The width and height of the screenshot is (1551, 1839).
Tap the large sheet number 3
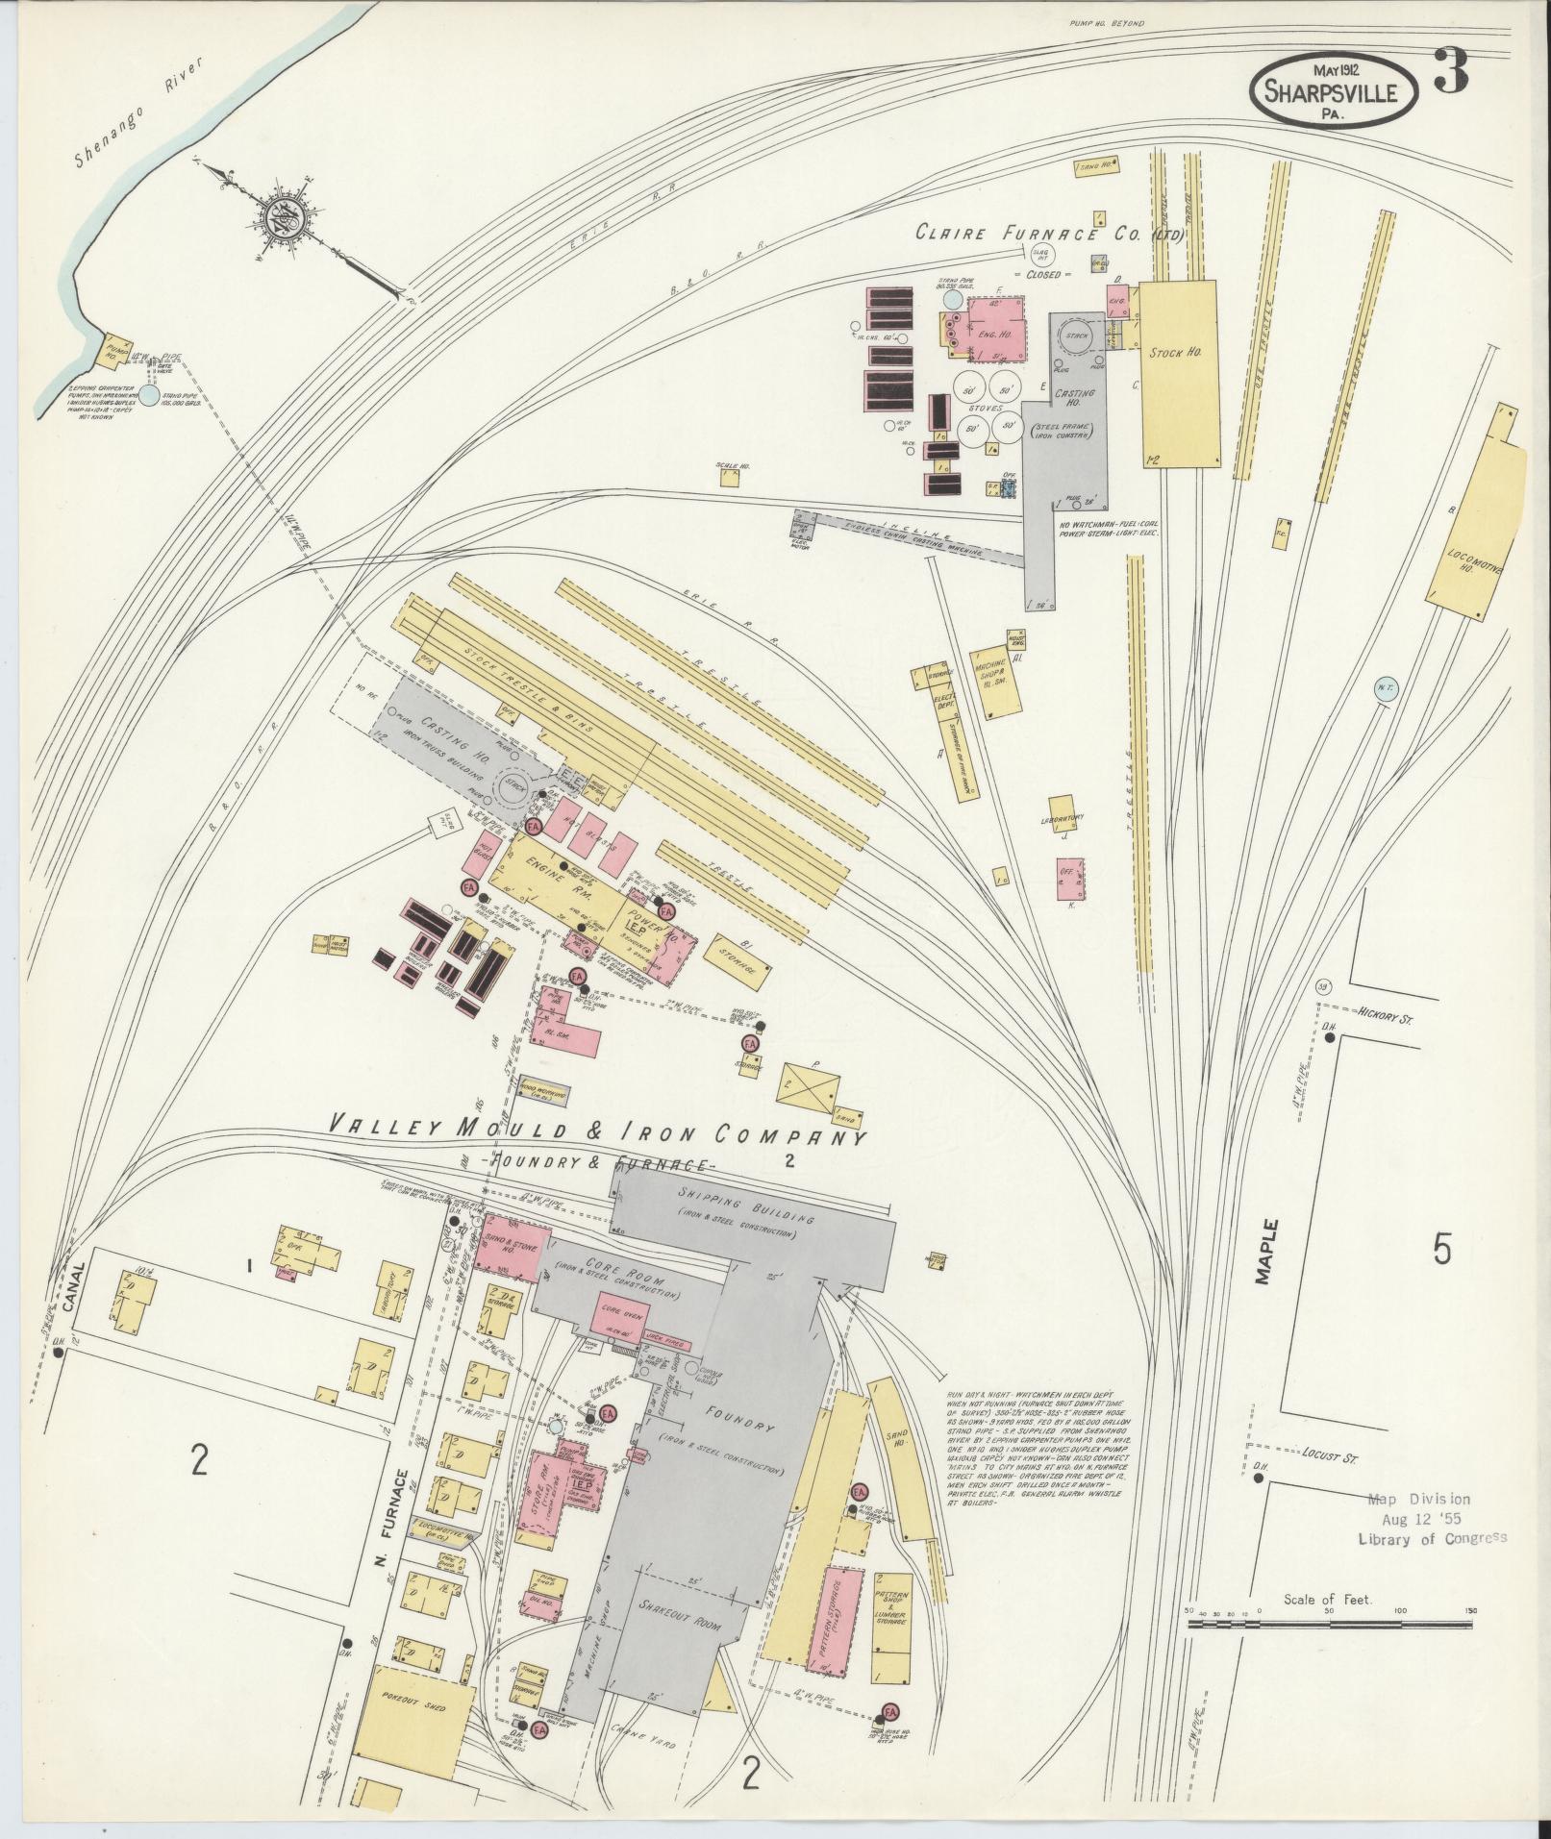(1451, 70)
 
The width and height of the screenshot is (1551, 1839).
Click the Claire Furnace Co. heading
(1048, 233)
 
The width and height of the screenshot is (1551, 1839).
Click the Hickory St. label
(1386, 1013)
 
